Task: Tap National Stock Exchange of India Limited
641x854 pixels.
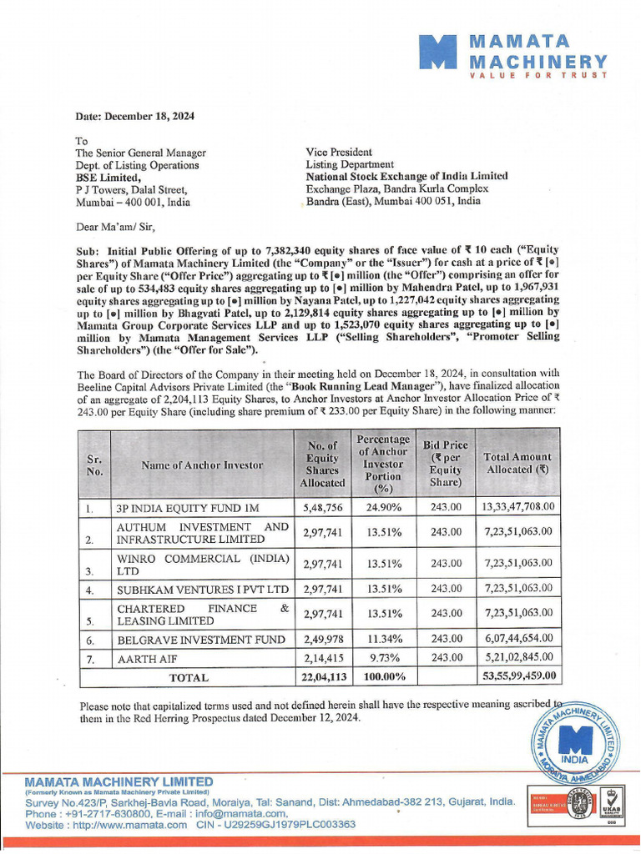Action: click(x=406, y=176)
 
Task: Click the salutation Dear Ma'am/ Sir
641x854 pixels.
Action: click(x=115, y=226)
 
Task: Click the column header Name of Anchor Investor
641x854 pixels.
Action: click(x=202, y=465)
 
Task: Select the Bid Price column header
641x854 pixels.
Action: click(x=442, y=464)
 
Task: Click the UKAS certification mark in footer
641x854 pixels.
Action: click(x=613, y=808)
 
